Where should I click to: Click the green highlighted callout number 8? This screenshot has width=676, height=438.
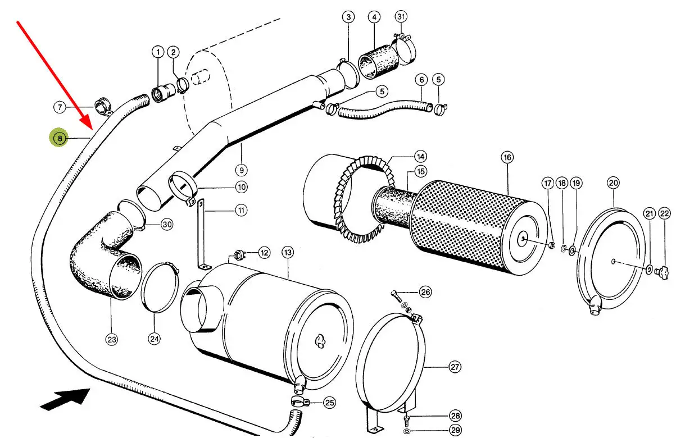click(60, 138)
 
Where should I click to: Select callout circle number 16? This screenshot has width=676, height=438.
click(507, 157)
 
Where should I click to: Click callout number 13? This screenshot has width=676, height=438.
click(288, 252)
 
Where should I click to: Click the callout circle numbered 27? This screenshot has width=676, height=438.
click(455, 367)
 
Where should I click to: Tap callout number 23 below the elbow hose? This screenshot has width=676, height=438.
click(112, 340)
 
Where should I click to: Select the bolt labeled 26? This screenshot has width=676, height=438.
click(396, 295)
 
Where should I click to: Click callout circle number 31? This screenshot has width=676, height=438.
click(401, 16)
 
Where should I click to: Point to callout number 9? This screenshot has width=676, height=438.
click(242, 171)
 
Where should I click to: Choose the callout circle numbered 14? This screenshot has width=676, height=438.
click(420, 157)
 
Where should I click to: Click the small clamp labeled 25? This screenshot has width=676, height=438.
click(300, 402)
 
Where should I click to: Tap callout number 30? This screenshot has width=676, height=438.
click(167, 225)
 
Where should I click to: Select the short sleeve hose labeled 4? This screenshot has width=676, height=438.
click(378, 62)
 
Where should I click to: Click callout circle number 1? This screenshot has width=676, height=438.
click(158, 52)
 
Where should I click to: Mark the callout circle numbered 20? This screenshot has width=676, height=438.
click(613, 183)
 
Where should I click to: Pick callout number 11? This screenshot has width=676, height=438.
click(241, 210)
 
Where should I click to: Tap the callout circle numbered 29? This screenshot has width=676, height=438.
click(455, 430)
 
